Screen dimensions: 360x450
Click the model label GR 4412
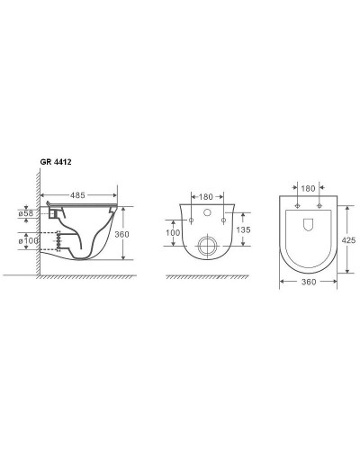point(56,162)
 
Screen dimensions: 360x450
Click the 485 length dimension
point(77,195)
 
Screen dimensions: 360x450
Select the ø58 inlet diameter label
point(26,213)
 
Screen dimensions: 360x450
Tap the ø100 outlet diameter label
point(29,240)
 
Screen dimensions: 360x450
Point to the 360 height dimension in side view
point(121,234)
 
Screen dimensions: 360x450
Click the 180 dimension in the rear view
point(206,197)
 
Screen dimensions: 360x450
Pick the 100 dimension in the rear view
point(173,233)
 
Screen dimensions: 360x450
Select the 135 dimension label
point(243,229)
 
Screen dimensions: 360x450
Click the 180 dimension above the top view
point(308,188)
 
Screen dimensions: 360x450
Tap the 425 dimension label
point(348,240)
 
